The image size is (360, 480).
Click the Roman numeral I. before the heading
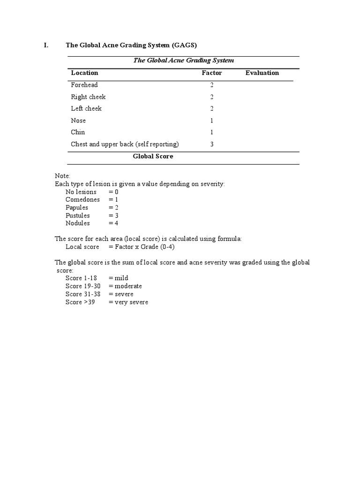click(46, 45)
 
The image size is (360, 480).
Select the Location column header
click(84, 73)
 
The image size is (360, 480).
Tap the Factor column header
click(211, 73)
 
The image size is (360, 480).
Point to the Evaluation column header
click(262, 73)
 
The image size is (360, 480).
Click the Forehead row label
click(84, 85)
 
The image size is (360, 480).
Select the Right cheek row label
click(88, 97)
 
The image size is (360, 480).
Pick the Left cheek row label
click(86, 108)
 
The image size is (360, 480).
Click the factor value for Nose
click(212, 120)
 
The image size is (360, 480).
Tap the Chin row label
click(78, 132)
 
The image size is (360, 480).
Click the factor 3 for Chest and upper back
click(212, 144)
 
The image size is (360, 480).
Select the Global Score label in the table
click(153, 156)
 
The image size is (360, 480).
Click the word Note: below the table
click(62, 176)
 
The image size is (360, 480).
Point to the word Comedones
click(82, 200)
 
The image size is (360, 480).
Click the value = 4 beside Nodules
click(113, 223)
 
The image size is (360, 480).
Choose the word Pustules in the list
click(78, 215)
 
